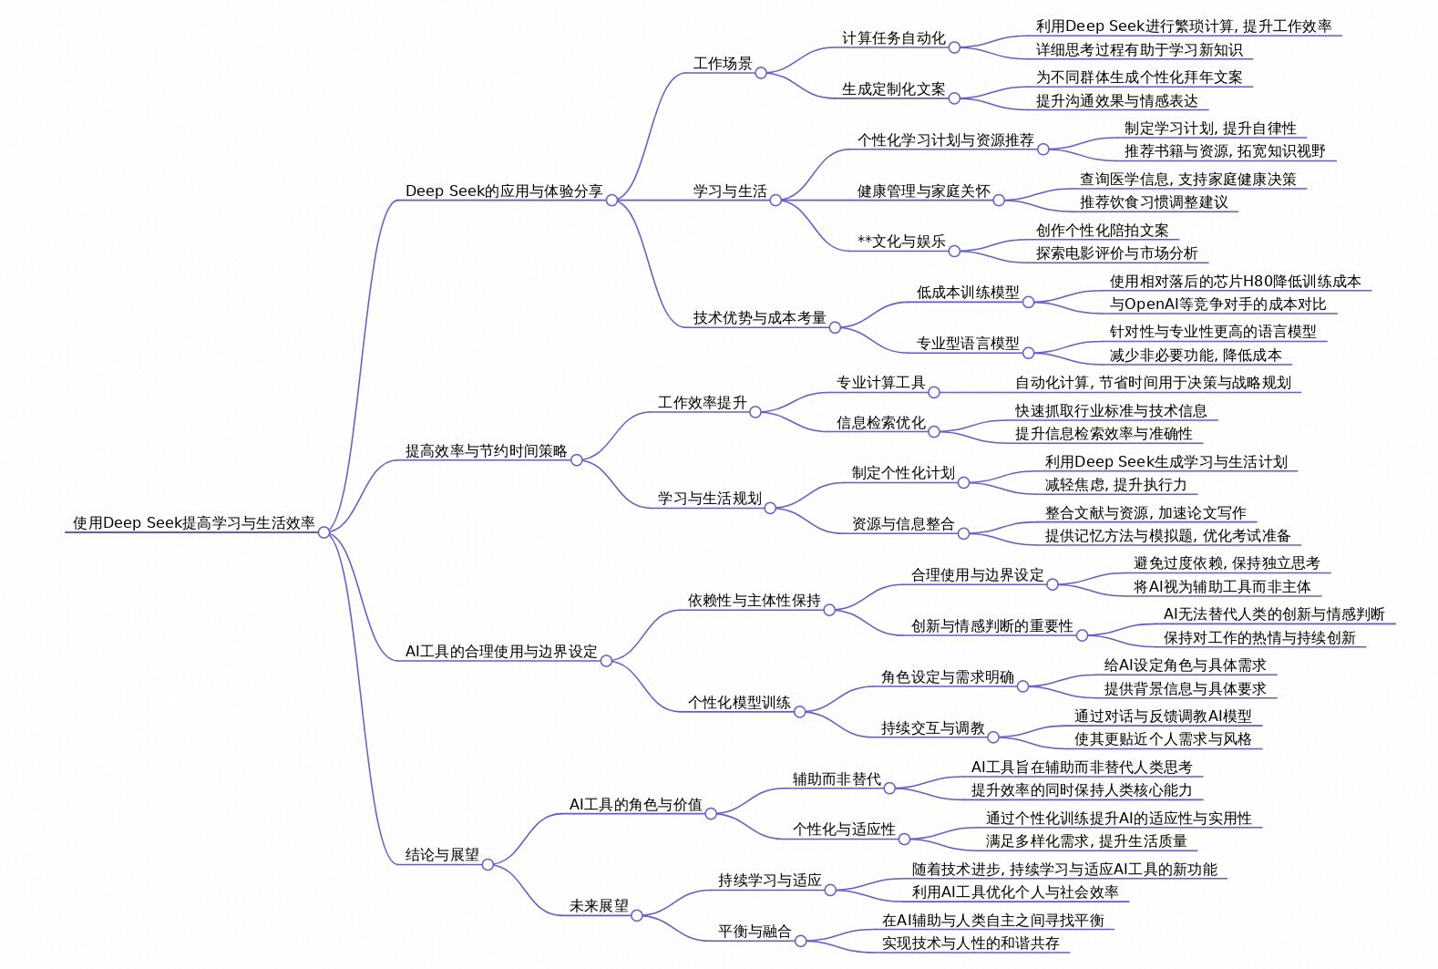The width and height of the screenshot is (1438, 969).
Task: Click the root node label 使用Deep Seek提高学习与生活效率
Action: point(193,523)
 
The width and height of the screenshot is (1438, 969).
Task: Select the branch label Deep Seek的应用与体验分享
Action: point(504,191)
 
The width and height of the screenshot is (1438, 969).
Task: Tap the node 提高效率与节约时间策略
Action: point(486,451)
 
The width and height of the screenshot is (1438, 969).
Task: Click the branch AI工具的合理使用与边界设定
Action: point(501,652)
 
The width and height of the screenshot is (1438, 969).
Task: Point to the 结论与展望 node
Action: point(442,855)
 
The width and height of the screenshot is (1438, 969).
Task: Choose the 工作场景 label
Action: point(723,64)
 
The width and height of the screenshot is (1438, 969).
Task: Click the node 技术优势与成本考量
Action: point(759,318)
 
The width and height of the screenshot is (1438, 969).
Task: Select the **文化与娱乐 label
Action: point(901,242)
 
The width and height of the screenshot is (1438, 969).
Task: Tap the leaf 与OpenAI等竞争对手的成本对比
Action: point(1217,304)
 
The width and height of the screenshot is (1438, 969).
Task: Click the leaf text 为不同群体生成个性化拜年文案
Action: point(1139,77)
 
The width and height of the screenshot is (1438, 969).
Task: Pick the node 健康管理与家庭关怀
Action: point(923,191)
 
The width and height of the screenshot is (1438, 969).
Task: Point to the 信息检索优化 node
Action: point(880,423)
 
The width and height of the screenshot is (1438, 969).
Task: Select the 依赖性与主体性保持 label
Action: point(754,601)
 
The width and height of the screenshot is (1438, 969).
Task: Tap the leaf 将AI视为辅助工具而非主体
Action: point(1222,587)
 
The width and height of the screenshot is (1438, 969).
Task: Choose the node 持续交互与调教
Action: point(932,728)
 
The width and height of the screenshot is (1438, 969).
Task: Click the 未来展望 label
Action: point(599,906)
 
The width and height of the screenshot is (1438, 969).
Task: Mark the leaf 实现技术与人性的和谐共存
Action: point(971,943)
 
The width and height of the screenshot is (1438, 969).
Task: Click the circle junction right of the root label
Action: point(324,532)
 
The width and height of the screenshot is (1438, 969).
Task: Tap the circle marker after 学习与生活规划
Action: point(770,508)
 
